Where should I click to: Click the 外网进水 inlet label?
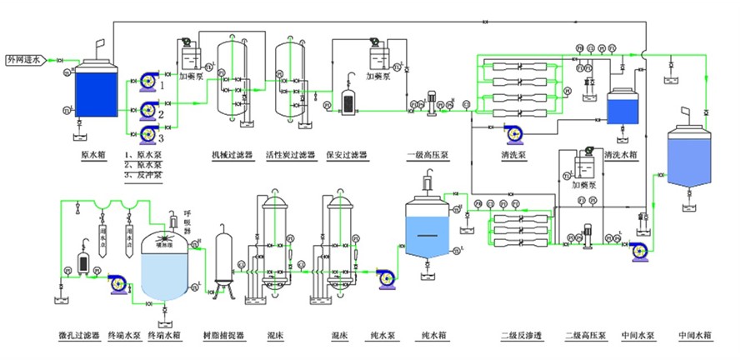point(24,60)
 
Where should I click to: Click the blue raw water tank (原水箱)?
point(98,92)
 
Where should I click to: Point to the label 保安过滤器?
point(347,155)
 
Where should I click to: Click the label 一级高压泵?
point(427,155)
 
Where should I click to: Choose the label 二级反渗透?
point(521,336)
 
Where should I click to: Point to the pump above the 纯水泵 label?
point(385,278)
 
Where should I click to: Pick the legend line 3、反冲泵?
point(144,176)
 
